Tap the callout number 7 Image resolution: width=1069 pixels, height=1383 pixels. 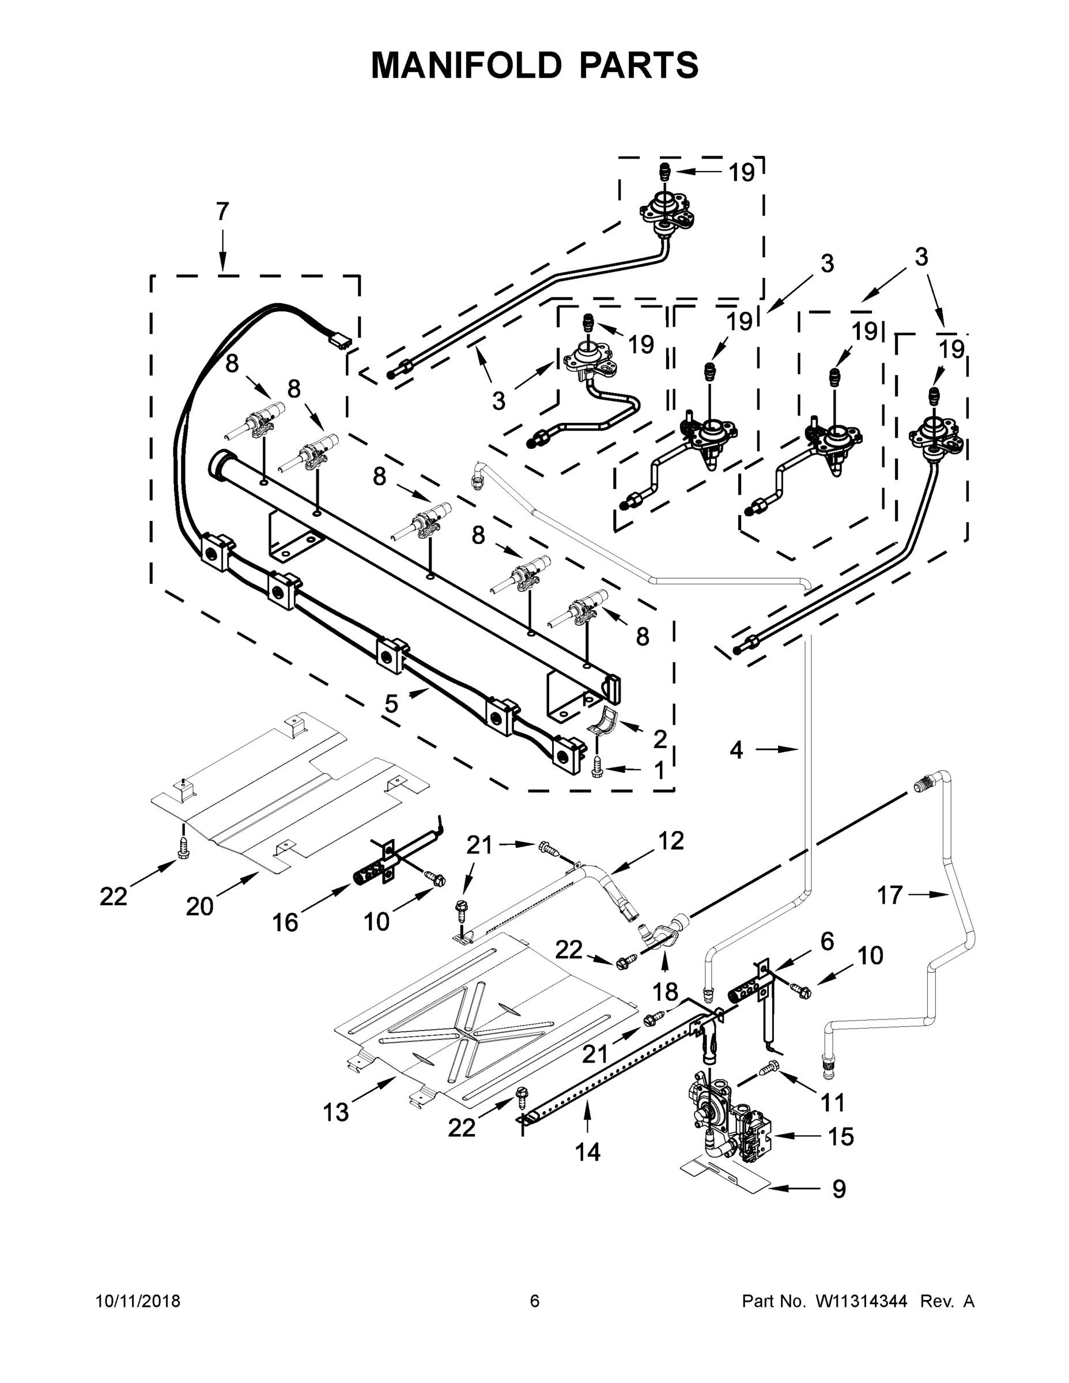pos(222,211)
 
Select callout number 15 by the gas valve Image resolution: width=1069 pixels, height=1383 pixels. pos(841,1137)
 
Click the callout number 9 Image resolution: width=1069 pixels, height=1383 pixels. pos(838,1189)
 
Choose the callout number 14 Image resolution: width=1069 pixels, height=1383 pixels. pos(587,1152)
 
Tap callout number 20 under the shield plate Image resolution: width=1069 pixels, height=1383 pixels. pos(199,907)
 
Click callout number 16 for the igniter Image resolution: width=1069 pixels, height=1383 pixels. pos(285,923)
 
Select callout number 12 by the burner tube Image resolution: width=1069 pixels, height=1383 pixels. pos(671,841)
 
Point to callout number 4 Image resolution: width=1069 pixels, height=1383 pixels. pos(736,750)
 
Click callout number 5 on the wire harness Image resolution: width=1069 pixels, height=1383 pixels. pos(391,704)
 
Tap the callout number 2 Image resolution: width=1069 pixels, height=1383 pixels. pos(660,739)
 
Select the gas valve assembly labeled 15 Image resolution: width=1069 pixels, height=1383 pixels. pos(728,1114)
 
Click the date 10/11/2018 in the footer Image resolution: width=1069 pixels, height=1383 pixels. pos(138,1301)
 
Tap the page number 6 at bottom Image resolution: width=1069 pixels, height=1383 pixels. pos(535,1301)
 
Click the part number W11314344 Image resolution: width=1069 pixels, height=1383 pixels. pos(862,1301)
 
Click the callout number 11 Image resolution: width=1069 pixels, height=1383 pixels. pos(833,1102)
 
